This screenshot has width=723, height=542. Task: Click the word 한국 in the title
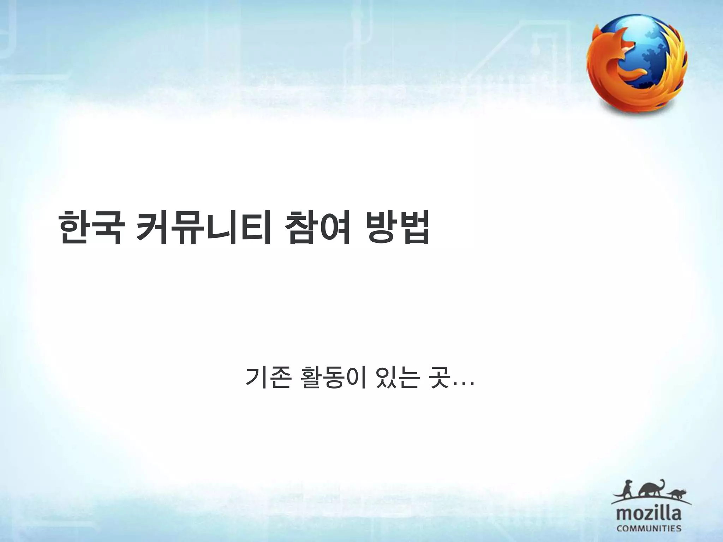[x=90, y=228]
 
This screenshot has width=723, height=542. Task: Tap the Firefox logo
[x=637, y=65]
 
